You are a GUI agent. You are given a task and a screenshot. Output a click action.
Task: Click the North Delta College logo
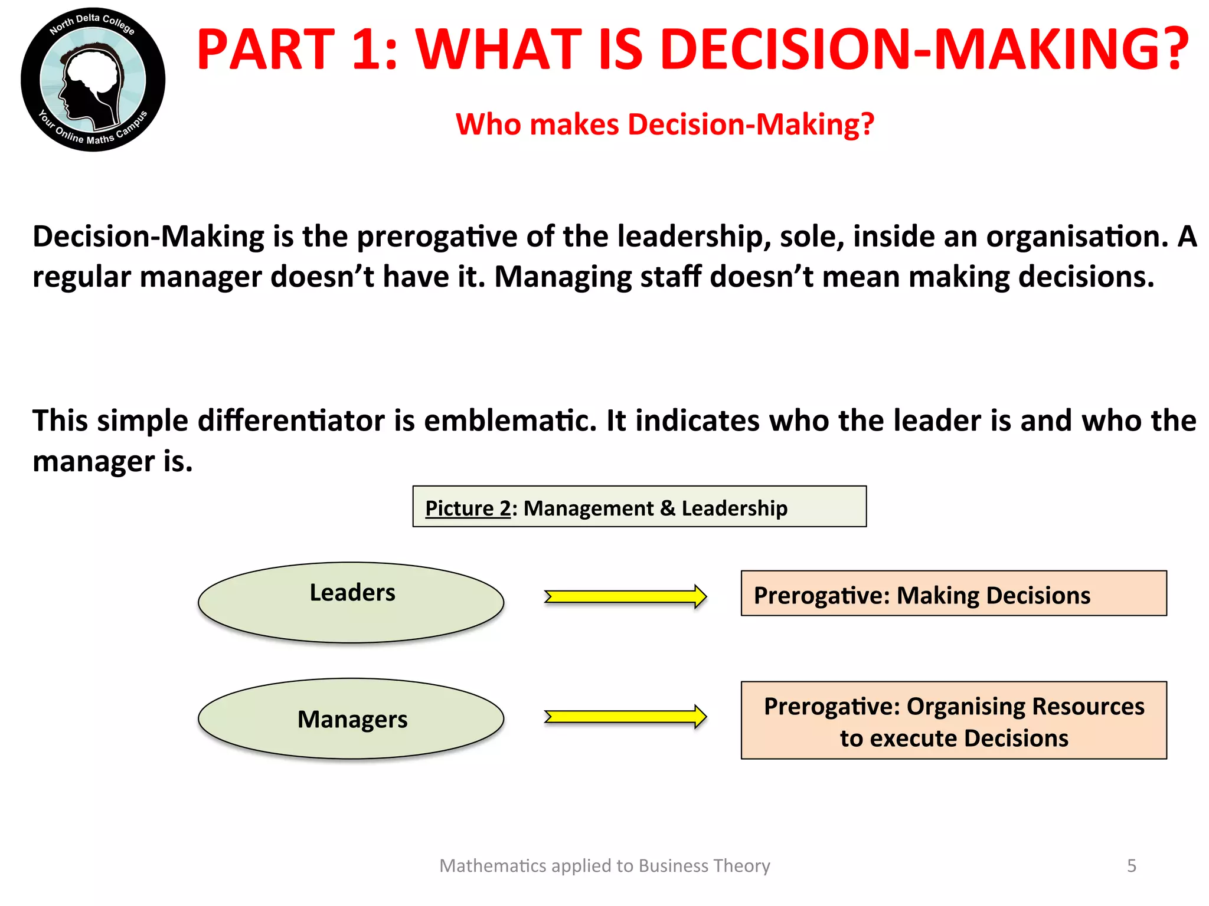tap(93, 80)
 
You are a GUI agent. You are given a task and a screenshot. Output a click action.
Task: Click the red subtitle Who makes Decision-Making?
tap(665, 124)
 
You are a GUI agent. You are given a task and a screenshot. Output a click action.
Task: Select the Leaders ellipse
tap(351, 602)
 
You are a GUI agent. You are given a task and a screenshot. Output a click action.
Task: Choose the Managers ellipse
tap(351, 718)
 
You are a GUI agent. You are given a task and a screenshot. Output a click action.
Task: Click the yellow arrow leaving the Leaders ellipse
tap(625, 596)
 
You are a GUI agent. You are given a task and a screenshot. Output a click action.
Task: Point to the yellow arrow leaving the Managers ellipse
tap(625, 717)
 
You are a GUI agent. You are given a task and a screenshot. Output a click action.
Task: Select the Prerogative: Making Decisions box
tap(953, 593)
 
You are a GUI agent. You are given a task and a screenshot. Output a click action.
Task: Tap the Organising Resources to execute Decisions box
tap(953, 720)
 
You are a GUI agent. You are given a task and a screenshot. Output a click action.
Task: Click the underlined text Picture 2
tap(468, 508)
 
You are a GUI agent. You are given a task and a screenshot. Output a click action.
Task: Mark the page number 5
tap(1131, 866)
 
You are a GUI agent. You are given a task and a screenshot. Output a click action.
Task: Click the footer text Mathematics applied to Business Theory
tap(604, 866)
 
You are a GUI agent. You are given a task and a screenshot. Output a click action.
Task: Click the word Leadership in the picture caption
tap(734, 508)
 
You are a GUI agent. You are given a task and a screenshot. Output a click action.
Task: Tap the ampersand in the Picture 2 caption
tap(668, 508)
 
